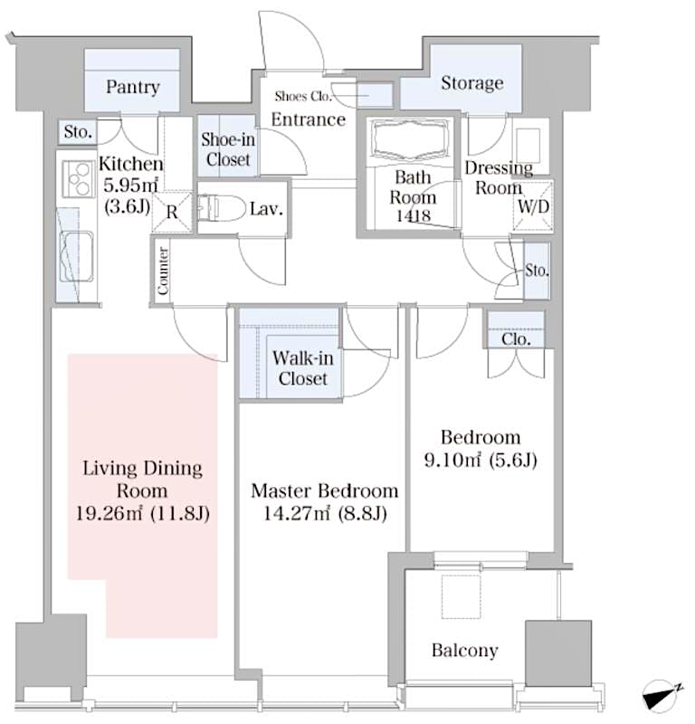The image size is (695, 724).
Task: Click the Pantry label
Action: (133, 88)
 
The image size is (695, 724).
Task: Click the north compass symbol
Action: (662, 697)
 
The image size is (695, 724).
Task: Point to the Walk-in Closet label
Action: (303, 367)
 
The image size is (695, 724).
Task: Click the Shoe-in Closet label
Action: (227, 148)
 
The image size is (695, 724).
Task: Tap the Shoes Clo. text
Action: (304, 96)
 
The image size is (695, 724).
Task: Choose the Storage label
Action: (471, 83)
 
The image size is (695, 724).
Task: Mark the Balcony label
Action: (464, 650)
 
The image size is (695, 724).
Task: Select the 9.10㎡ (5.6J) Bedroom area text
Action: (481, 461)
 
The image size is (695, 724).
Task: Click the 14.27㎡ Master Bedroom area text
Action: (324, 515)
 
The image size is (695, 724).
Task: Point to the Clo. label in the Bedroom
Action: (515, 338)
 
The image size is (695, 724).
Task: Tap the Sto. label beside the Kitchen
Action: (78, 132)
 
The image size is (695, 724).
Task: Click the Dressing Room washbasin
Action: (528, 144)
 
